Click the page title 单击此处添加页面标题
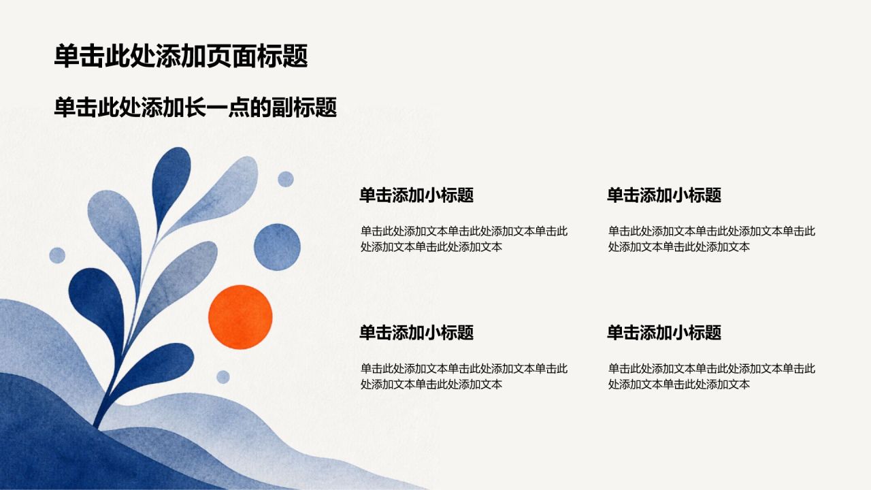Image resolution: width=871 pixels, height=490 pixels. point(181,56)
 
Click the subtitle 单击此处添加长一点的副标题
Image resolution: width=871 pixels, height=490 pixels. point(195,107)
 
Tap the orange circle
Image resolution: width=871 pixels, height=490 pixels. point(240,317)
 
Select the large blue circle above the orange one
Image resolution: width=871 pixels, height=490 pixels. point(277,247)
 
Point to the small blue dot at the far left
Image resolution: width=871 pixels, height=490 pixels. point(57,255)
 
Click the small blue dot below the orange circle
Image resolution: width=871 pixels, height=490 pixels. point(223,377)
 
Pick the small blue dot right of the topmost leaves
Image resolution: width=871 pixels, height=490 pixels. point(286,179)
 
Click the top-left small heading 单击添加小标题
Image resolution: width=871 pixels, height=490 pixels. point(416,195)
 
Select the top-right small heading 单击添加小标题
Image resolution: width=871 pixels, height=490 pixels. point(664,195)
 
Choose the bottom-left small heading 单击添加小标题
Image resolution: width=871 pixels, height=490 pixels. point(416,333)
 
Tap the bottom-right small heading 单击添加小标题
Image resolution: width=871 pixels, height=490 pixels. point(664,333)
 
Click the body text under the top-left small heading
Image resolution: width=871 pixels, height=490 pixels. point(464,239)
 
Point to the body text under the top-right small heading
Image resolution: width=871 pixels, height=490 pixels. point(712,239)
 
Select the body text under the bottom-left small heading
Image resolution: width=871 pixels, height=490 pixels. point(464,376)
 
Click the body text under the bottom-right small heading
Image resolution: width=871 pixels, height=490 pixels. point(712,376)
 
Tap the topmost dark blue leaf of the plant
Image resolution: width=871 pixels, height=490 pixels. point(170,183)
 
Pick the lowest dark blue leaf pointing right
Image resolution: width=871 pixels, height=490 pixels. point(159,365)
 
